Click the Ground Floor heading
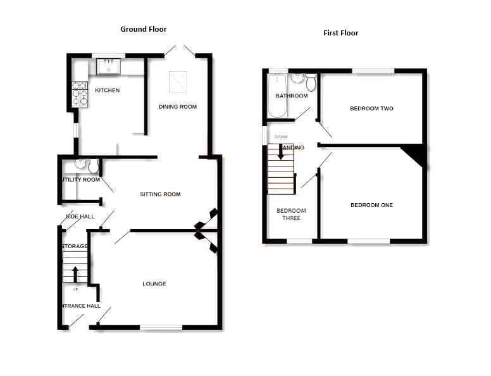[144, 29]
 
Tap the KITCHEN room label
[107, 91]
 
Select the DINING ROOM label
[177, 107]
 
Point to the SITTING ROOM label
[160, 194]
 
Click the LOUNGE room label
[154, 284]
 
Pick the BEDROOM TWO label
[371, 109]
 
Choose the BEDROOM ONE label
[371, 205]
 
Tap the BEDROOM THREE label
[291, 215]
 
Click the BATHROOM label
[291, 96]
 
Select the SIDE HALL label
[80, 217]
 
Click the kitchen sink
[109, 65]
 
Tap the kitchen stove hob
[80, 94]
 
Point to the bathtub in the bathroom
[277, 95]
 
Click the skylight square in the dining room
[178, 82]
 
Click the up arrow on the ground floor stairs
[75, 273]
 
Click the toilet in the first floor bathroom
[311, 82]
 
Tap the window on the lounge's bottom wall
[161, 327]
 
